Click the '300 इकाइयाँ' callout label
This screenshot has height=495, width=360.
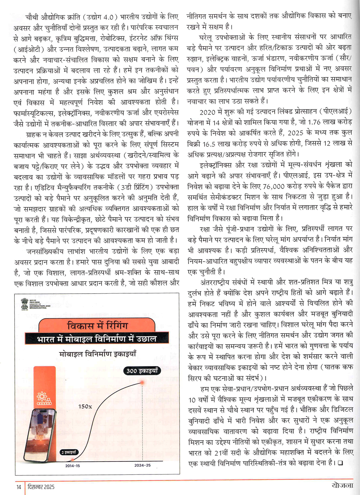[x=142, y=371]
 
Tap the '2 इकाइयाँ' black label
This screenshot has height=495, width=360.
[x=69, y=452]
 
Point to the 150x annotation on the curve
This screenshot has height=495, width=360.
[x=85, y=406]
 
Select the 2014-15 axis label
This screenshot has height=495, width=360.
[x=73, y=465]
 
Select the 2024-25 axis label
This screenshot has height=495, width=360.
[x=143, y=465]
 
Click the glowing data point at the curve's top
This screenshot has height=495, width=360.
[x=143, y=382]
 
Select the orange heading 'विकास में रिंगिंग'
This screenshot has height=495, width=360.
[x=97, y=326]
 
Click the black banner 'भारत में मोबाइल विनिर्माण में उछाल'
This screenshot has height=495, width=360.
[x=96, y=339]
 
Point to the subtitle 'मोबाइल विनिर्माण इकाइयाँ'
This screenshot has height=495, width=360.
[x=98, y=354]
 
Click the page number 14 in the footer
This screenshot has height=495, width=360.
[x=19, y=487]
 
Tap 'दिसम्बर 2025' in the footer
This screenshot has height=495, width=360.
[x=41, y=487]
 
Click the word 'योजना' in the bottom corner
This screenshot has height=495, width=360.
[x=342, y=485]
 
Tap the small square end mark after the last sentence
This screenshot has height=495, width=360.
[x=340, y=463]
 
